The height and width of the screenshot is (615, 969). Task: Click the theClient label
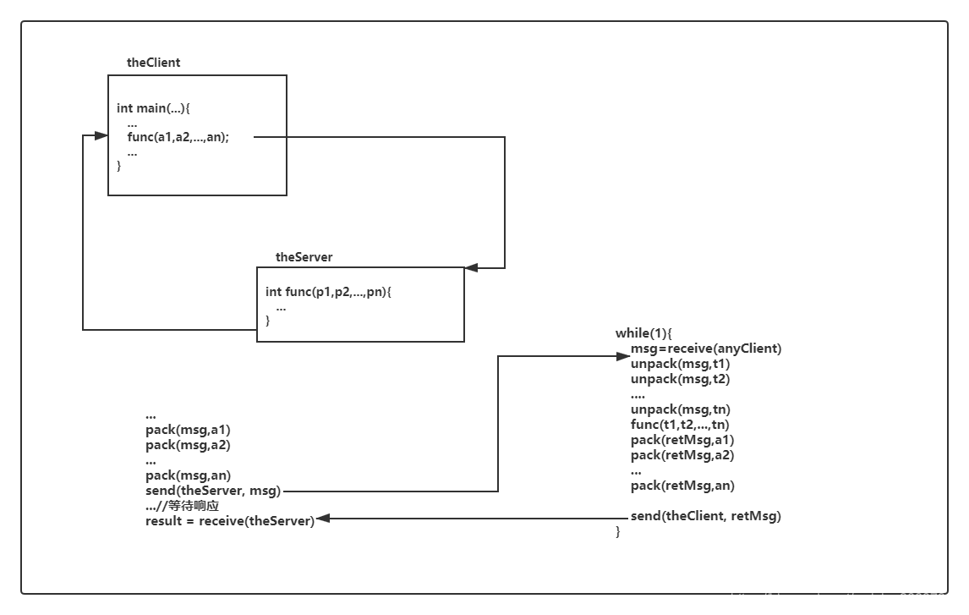coord(153,63)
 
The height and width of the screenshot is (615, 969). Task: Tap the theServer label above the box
coord(304,257)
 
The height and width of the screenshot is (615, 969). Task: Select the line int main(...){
coord(153,108)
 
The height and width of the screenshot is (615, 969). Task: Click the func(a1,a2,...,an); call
coord(178,137)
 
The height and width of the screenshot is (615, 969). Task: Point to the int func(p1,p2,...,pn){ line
coord(328,292)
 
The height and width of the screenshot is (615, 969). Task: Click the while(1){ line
coord(643,333)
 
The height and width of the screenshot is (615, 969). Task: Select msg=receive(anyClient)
coord(706,349)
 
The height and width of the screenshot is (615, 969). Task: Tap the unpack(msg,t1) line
coord(680,364)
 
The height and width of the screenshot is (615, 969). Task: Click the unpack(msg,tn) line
coord(681,409)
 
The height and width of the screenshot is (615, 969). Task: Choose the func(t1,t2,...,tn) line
coord(680,425)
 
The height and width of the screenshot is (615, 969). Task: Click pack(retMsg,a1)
coord(682,440)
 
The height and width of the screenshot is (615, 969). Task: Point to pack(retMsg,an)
coord(682,486)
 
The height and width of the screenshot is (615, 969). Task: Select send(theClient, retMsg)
coord(706,516)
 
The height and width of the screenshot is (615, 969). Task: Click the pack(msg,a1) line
coord(188,430)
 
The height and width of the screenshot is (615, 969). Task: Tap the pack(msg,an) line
coord(188,475)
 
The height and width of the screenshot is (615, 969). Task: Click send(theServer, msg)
coord(213,491)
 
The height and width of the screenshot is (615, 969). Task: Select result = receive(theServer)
coord(230,521)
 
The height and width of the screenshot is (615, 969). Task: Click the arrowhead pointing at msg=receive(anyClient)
coord(623,356)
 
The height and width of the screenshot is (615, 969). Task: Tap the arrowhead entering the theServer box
coord(471,268)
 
